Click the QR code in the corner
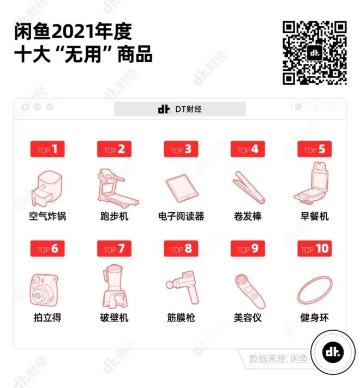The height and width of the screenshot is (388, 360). pyautogui.click(x=315, y=53)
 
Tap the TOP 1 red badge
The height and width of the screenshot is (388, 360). pyautogui.click(x=47, y=149)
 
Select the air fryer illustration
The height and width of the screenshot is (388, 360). pyautogui.click(x=47, y=188)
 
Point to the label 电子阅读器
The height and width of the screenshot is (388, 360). pyautogui.click(x=181, y=216)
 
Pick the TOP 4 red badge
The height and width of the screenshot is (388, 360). pyautogui.click(x=248, y=149)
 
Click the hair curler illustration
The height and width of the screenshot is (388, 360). pyautogui.click(x=249, y=187)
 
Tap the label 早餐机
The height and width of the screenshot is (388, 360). pyautogui.click(x=315, y=216)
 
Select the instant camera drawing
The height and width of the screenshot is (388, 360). pyautogui.click(x=44, y=290)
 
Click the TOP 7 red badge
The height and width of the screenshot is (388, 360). pyautogui.click(x=114, y=248)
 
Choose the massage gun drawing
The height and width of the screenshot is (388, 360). pyautogui.click(x=183, y=288)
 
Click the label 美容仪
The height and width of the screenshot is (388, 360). pyautogui.click(x=248, y=318)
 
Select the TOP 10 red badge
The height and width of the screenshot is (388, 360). pyautogui.click(x=315, y=248)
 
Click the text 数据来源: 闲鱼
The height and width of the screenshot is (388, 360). pyautogui.click(x=278, y=359)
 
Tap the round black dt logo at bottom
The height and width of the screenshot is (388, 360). pyautogui.click(x=333, y=352)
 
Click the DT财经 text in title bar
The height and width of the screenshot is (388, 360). pyautogui.click(x=188, y=109)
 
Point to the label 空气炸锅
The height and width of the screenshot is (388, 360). pyautogui.click(x=47, y=216)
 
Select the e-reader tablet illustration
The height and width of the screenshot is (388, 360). pyautogui.click(x=182, y=189)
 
